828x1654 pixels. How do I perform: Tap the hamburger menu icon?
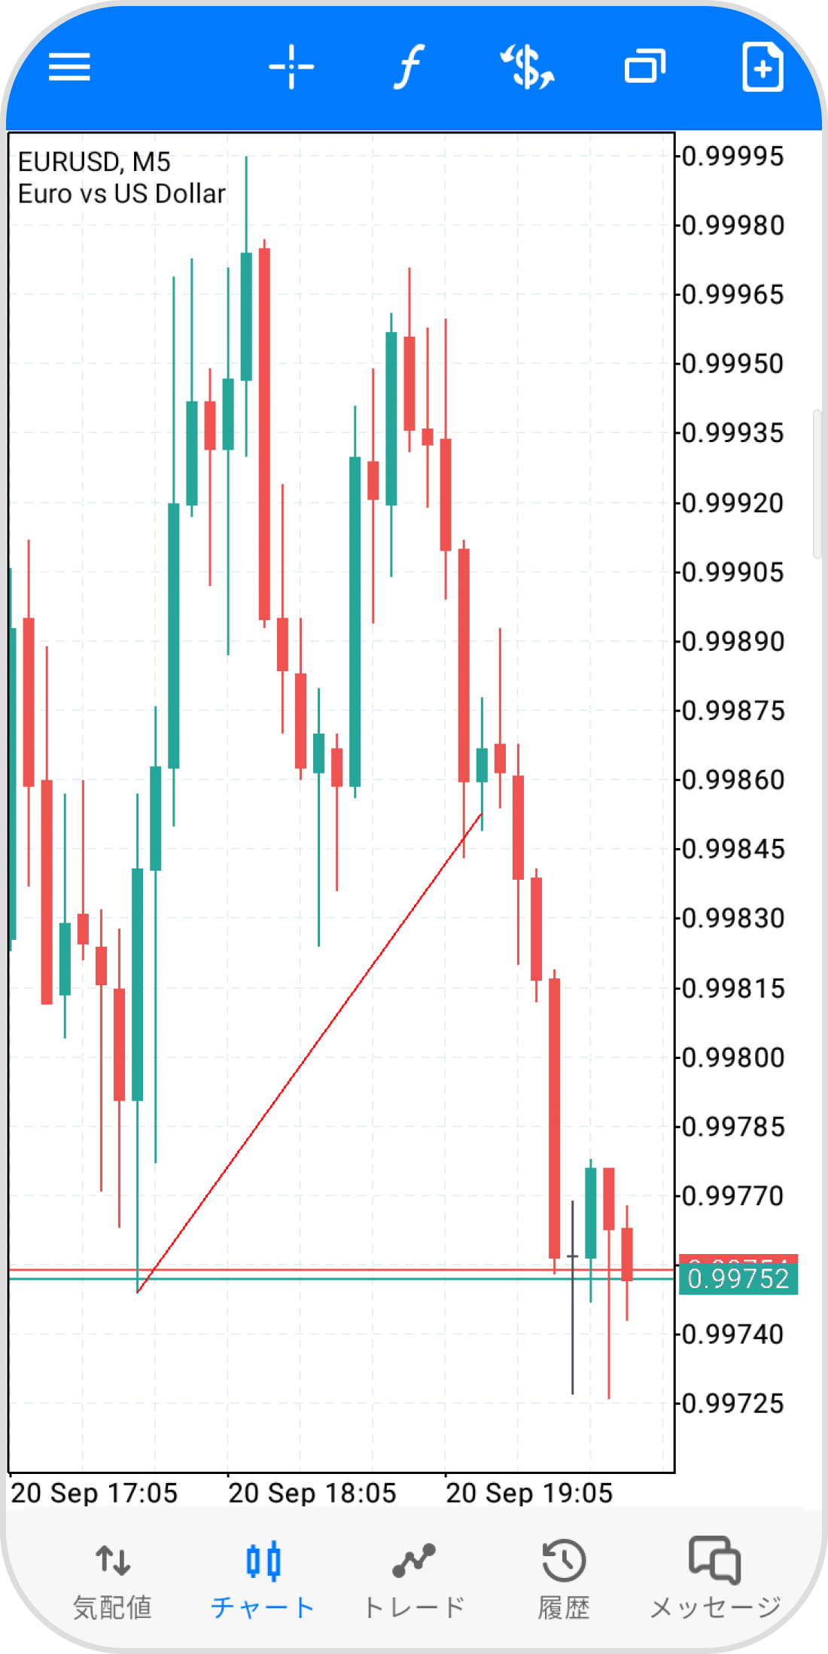click(69, 67)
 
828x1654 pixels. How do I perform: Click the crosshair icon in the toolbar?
click(291, 67)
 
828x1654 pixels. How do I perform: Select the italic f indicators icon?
click(409, 67)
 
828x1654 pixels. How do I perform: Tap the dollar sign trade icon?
click(528, 67)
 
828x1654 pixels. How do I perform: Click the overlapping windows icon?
click(645, 67)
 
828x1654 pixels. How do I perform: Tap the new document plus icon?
click(763, 67)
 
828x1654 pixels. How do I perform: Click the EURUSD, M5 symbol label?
click(94, 162)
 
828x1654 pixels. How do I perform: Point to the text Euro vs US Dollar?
click(121, 194)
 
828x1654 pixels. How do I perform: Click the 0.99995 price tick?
click(732, 157)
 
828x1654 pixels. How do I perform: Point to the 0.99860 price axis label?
click(732, 780)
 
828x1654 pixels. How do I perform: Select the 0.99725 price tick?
click(732, 1404)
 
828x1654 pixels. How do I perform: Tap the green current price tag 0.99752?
click(738, 1279)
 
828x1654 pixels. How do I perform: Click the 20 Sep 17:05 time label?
click(94, 1493)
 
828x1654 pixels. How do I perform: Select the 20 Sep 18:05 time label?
click(312, 1493)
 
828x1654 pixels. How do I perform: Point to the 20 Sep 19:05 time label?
click(529, 1493)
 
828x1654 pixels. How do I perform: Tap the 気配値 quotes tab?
click(113, 1578)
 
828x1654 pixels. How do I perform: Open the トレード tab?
click(413, 1578)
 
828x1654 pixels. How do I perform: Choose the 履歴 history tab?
click(564, 1578)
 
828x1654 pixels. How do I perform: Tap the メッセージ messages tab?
click(715, 1578)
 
